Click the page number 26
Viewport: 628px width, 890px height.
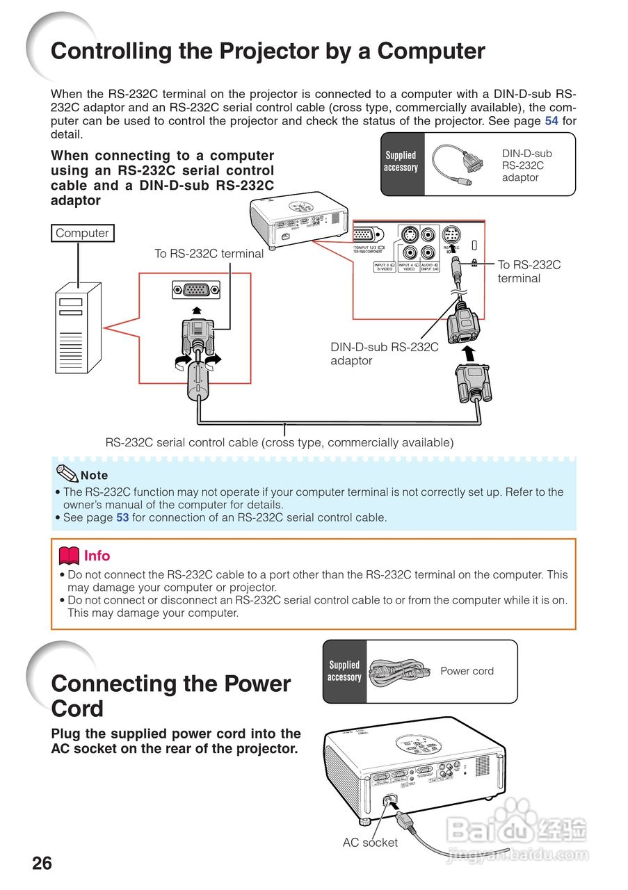42,864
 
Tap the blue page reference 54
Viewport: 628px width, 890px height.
551,121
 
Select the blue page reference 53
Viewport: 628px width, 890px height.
122,518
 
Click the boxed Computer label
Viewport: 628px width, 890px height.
82,234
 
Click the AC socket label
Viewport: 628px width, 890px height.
370,843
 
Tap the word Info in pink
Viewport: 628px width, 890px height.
97,556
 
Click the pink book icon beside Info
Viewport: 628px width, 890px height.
69,556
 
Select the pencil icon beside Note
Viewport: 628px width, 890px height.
67,474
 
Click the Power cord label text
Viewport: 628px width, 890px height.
467,671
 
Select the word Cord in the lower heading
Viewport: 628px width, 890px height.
77,709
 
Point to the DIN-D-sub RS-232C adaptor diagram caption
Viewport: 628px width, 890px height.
384,353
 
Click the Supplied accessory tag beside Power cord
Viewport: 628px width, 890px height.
344,672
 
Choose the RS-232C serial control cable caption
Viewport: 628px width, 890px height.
279,443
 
